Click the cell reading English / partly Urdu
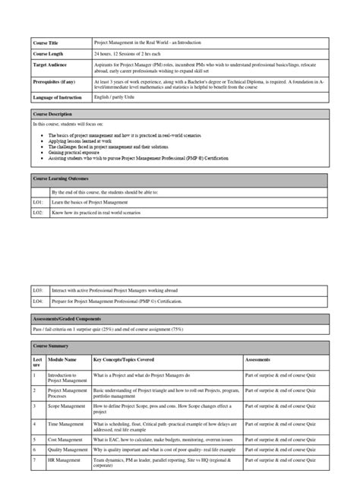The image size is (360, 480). pyautogui.click(x=114, y=98)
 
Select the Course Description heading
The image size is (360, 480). pyautogui.click(x=55, y=114)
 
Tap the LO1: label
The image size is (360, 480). pyautogui.click(x=38, y=203)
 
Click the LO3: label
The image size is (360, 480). pyautogui.click(x=38, y=289)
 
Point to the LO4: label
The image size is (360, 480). pyautogui.click(x=38, y=302)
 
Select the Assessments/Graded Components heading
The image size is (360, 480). pyautogui.click(x=71, y=316)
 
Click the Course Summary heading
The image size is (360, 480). pyautogui.click(x=52, y=346)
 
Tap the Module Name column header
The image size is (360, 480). pyautogui.click(x=62, y=358)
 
